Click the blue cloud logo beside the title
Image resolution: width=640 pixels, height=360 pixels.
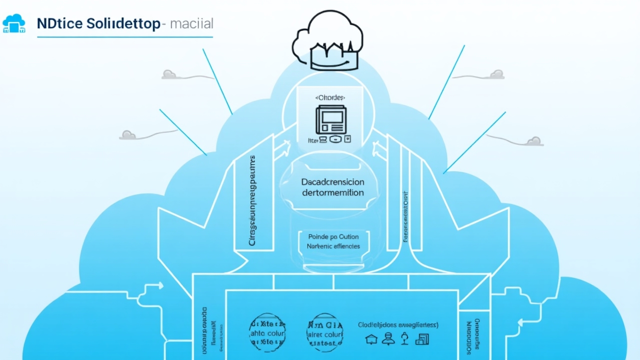[13, 23]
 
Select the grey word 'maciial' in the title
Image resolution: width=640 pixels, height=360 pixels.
[191, 23]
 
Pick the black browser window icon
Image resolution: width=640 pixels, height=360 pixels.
[330, 119]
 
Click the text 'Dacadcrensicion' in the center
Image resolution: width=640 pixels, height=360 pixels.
[333, 182]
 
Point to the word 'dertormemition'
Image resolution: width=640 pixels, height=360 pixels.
[333, 192]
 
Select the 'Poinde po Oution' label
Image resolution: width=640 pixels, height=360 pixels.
[333, 236]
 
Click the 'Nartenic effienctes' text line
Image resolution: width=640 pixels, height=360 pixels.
[333, 246]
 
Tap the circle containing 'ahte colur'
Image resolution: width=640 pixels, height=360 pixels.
[268, 331]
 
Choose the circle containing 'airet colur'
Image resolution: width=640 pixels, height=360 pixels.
[325, 331]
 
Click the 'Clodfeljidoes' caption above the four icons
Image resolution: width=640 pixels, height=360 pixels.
[398, 324]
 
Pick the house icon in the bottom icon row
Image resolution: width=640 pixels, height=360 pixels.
[370, 339]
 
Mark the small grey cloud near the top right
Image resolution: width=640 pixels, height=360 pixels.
[496, 74]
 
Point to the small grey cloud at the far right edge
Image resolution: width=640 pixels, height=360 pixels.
[534, 141]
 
